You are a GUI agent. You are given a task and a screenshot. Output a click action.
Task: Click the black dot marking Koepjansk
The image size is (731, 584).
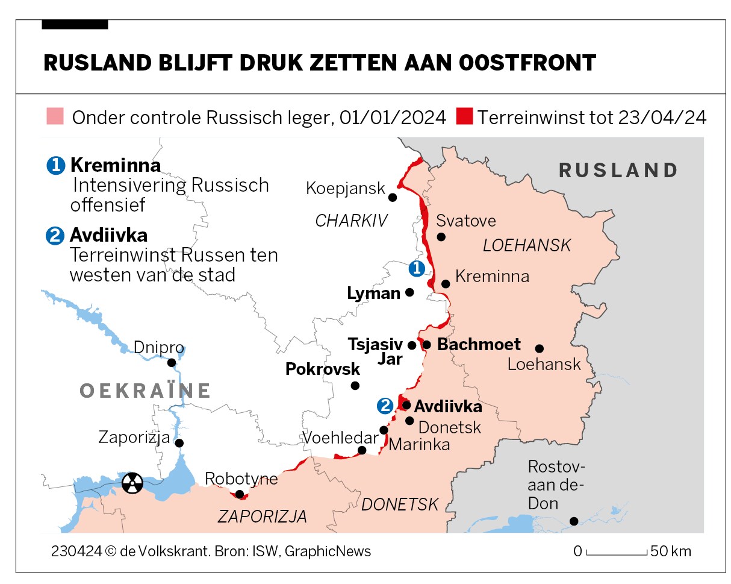393,197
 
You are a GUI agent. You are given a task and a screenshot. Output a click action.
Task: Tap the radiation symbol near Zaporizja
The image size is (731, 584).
132,482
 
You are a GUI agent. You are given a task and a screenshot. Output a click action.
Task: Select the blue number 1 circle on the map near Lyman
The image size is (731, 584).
416,268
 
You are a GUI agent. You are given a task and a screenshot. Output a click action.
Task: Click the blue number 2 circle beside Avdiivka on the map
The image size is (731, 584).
385,406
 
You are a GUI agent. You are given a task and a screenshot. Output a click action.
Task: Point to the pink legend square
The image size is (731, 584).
55,116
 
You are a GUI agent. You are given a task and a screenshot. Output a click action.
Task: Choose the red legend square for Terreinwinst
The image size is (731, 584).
465,116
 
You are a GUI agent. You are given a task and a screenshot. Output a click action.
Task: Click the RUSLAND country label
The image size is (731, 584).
618,171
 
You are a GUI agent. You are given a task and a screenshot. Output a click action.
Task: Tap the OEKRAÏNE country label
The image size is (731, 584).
145,391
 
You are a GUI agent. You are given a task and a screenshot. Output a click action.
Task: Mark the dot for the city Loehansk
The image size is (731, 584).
540,348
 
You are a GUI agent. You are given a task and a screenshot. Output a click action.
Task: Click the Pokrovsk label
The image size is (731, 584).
323,369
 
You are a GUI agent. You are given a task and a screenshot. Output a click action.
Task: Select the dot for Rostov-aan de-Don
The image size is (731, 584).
574,521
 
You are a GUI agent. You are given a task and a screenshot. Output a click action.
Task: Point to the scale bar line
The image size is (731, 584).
617,553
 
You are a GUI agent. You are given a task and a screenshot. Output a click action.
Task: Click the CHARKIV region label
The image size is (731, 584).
351,221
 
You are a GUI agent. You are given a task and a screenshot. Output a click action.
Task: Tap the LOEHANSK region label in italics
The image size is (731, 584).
527,245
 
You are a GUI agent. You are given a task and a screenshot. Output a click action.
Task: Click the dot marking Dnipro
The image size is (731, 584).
172,363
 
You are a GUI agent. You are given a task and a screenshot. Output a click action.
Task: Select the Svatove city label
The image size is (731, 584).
466,221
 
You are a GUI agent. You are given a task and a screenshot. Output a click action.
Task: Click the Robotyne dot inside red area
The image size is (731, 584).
240,494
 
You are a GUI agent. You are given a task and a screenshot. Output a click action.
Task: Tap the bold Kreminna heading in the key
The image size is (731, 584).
115,165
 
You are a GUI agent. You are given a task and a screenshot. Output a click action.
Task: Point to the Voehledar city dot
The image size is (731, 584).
362,450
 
